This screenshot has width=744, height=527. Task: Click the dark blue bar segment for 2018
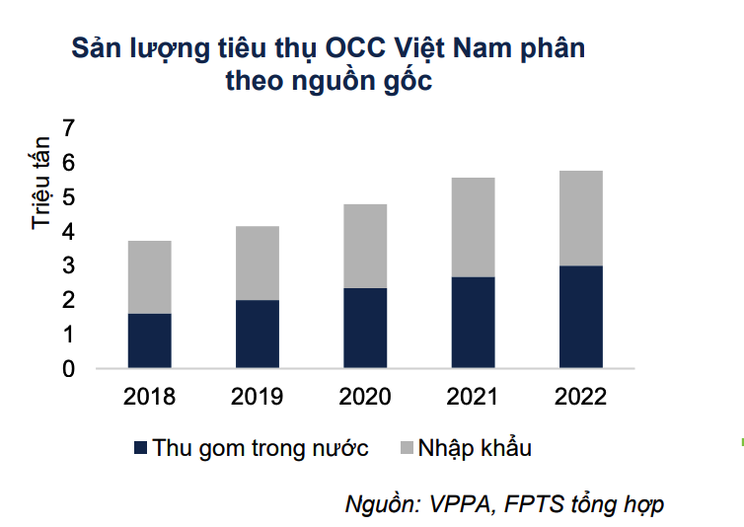150,340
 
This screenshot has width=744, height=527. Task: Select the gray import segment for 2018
150,276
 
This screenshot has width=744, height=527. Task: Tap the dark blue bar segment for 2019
258,334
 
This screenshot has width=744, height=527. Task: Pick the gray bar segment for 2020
365,246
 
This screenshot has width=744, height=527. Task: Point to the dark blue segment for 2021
473,322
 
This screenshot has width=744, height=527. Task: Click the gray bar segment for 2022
580,218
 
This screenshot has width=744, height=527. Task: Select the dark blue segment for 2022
580,317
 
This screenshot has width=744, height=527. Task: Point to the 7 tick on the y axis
68,128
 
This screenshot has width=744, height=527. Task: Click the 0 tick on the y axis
68,369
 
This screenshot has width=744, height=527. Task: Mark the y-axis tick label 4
68,232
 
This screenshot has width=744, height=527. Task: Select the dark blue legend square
140,449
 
